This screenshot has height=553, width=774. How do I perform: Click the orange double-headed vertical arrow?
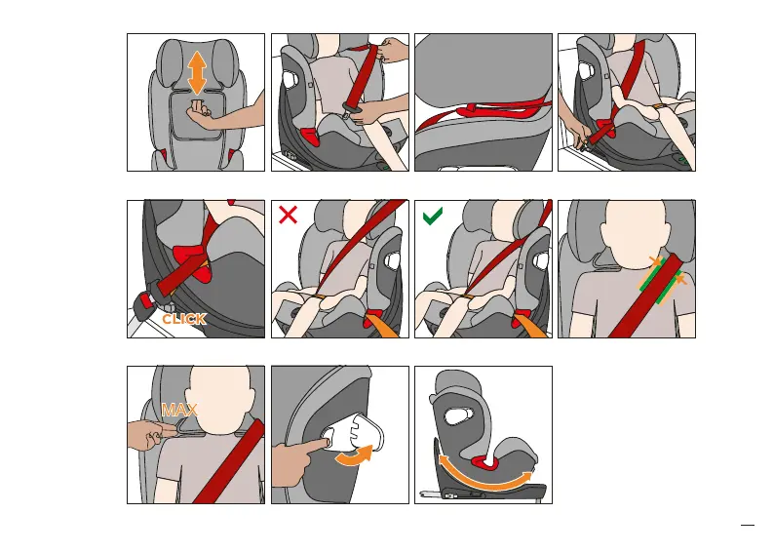point(197,72)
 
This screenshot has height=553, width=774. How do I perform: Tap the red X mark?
point(288,215)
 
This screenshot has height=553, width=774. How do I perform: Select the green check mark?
point(433,216)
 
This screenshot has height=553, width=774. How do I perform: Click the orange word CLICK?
point(183,319)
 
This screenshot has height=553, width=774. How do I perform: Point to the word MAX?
point(179,410)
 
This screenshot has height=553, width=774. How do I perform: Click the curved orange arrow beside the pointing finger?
point(354,455)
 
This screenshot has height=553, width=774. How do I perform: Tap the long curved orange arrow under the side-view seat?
point(485,476)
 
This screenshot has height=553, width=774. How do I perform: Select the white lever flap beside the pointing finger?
point(359,432)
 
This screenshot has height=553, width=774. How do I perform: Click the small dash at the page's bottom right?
point(748,526)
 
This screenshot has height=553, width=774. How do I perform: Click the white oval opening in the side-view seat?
point(458,415)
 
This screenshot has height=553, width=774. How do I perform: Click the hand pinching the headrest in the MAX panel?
point(145,435)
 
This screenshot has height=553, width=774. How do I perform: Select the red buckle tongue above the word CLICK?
point(147,299)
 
